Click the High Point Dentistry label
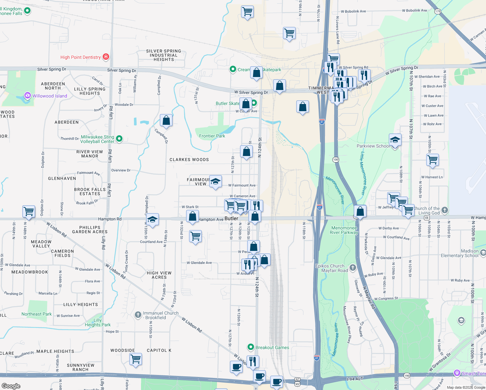81,57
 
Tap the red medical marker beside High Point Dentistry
106,57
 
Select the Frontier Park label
212,136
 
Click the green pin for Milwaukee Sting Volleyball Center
119,139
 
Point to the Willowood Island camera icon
28,96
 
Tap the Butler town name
231,218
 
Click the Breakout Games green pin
250,347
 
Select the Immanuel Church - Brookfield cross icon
138,315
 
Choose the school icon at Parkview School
395,140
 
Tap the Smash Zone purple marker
457,373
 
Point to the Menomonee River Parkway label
344,230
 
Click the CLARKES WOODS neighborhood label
189,160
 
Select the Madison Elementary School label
460,253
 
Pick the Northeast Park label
36,314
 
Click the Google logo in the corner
11,386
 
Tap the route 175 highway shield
438,11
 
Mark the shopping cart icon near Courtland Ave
195,236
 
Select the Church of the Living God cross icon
445,210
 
